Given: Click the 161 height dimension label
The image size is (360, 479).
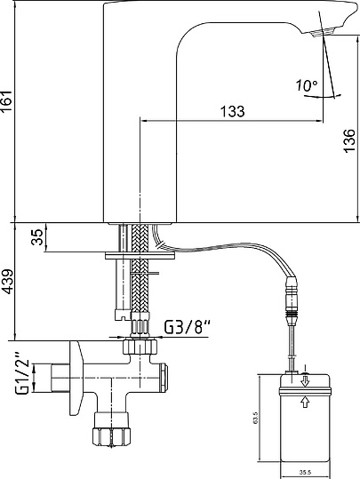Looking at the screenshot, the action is tap(7, 101).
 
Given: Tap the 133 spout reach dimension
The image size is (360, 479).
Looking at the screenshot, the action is tap(233, 111).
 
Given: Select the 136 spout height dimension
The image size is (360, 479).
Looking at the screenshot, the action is tap(349, 140).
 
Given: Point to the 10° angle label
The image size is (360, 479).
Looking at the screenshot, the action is tap(307, 85).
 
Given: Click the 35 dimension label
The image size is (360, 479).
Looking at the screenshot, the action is tap(37, 237).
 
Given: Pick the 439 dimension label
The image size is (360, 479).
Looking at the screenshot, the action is tap(7, 282).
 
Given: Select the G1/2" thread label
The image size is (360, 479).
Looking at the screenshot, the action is tap(23, 373).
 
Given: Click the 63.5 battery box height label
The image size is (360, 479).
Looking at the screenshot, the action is tap(255, 418).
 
